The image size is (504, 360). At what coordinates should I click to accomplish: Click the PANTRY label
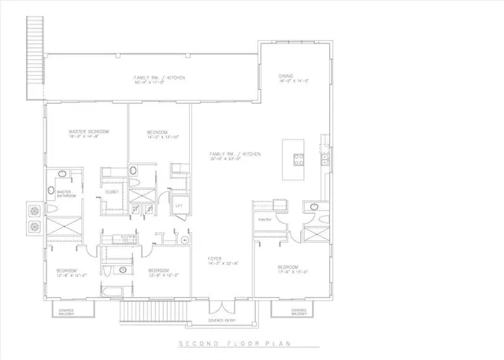(265, 220)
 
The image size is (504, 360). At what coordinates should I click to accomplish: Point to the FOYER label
(213, 258)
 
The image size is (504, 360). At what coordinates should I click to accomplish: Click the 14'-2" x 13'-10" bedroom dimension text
(164, 136)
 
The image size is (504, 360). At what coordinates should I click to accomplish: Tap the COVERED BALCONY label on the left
(68, 312)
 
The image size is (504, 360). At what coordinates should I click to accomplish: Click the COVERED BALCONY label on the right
(290, 312)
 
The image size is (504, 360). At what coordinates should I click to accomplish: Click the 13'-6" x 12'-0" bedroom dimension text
(163, 276)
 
